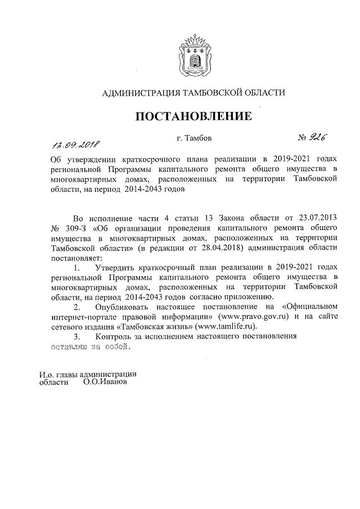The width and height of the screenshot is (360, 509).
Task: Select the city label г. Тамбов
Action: coord(194,137)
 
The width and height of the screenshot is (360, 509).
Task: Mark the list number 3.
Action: coord(76,337)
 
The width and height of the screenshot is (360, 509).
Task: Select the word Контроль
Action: coord(116,337)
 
